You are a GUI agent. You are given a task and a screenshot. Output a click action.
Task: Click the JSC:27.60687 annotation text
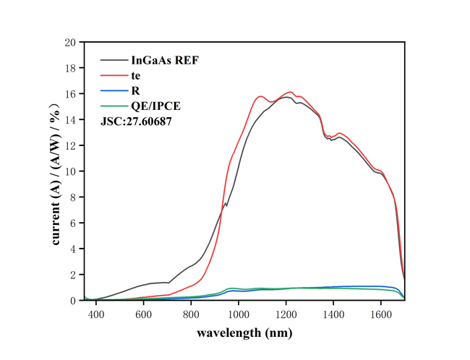(136, 121)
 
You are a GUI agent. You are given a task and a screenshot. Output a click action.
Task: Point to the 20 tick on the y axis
(70, 43)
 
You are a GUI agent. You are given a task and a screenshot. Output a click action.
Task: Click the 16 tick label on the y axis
(70, 94)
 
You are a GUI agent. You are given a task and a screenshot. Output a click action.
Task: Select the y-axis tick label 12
(70, 146)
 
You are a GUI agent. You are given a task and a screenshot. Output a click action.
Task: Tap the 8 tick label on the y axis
(73, 197)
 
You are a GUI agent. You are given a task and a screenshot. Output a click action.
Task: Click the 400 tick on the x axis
(96, 314)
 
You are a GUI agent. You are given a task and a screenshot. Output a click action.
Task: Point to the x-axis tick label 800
(192, 314)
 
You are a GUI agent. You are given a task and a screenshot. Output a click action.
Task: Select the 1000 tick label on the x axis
(239, 314)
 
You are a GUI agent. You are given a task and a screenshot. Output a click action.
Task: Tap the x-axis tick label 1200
(286, 314)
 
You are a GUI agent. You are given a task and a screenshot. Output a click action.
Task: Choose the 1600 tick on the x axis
(382, 314)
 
